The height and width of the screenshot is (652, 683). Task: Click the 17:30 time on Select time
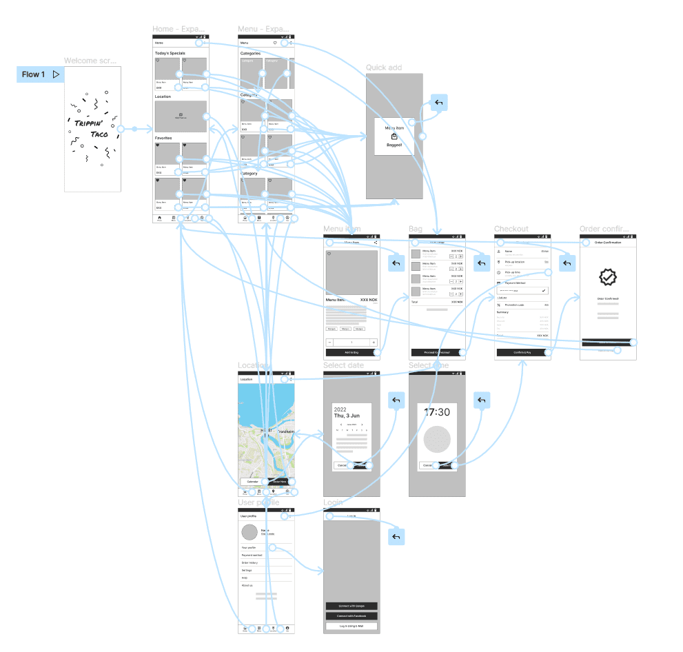437,411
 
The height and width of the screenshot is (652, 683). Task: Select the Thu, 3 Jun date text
347,416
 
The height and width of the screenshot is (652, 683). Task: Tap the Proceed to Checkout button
436,352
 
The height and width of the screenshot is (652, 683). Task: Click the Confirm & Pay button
522,352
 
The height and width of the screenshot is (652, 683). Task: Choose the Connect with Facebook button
351,615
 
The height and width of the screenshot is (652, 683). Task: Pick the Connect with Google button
351,606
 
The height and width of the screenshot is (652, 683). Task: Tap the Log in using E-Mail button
351,626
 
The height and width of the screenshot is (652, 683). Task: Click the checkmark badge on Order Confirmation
607,278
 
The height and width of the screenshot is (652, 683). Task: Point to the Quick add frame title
384,68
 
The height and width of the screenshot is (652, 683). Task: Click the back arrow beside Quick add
439,103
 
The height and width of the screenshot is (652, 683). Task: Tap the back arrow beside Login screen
396,537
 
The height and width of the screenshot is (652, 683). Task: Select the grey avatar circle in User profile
249,532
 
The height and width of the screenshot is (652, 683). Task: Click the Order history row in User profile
249,563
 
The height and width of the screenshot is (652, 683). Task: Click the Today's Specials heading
170,53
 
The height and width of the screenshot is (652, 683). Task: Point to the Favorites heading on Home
163,138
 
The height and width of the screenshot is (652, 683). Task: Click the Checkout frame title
511,229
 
